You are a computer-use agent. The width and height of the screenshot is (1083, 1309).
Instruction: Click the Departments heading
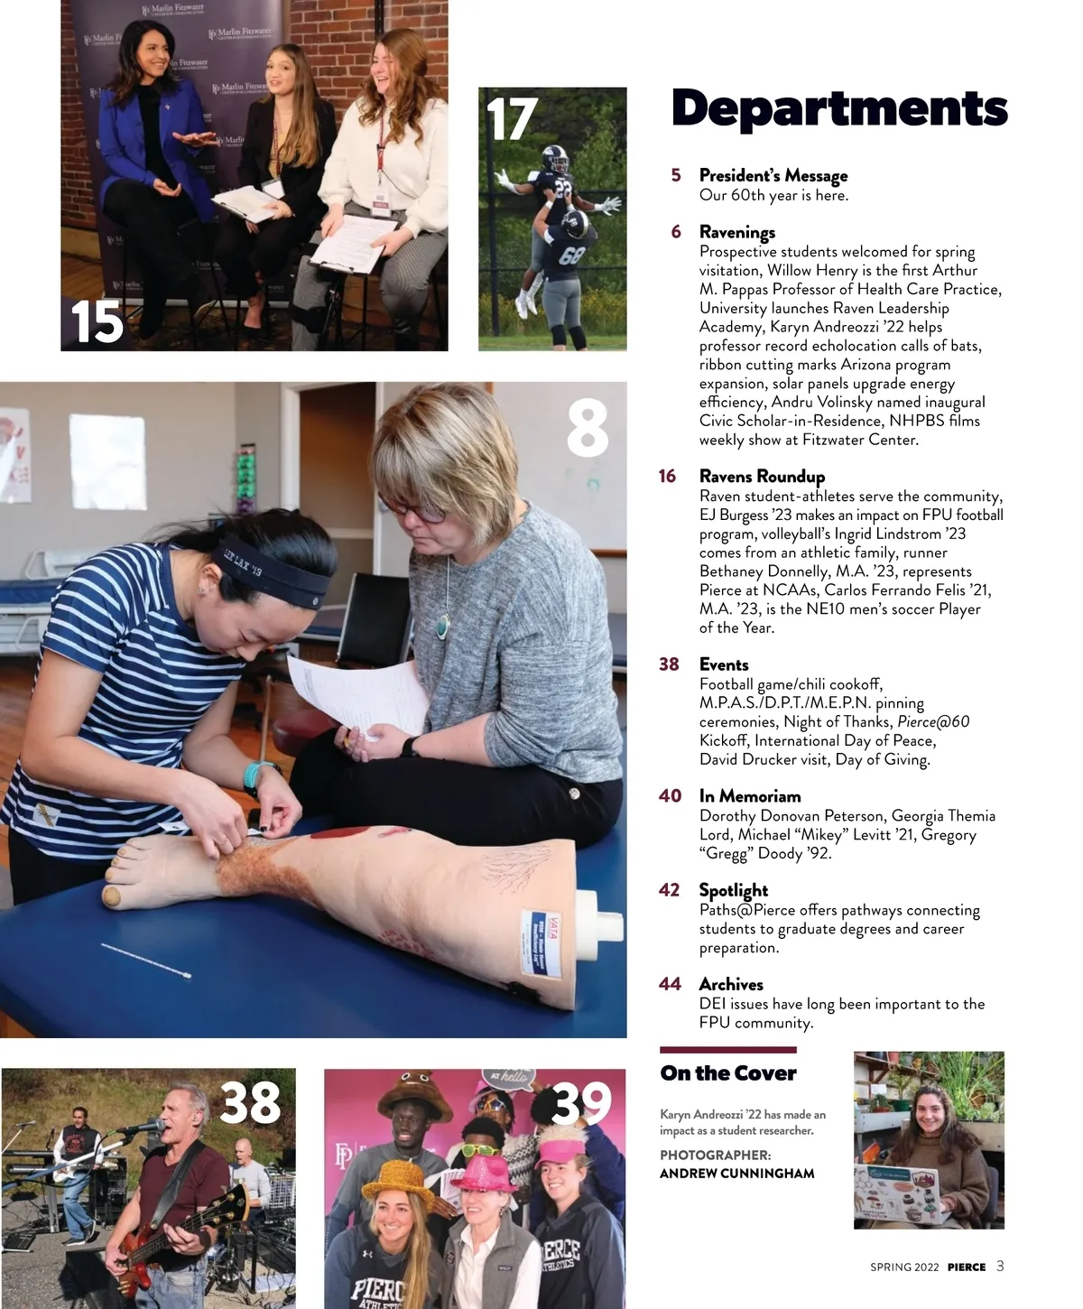(x=838, y=109)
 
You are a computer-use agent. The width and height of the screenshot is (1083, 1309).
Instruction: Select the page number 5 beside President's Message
(x=676, y=175)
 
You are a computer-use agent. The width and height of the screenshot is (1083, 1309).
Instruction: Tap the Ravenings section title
(x=737, y=233)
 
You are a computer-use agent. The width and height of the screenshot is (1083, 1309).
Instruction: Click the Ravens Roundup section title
(x=762, y=477)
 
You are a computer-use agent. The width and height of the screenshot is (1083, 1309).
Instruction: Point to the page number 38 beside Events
(x=669, y=664)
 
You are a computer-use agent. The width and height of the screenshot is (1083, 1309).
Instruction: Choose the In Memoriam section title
(x=750, y=796)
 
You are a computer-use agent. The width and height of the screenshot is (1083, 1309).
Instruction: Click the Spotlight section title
(x=733, y=891)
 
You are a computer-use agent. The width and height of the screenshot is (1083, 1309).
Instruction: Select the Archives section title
(x=731, y=984)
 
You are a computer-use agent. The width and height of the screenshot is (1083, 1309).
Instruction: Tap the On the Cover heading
(x=728, y=1073)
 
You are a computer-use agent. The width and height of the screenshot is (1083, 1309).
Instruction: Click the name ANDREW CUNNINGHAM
(x=737, y=1174)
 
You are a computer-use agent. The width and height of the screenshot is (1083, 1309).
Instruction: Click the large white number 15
(x=97, y=321)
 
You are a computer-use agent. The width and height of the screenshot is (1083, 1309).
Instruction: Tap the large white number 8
(x=588, y=429)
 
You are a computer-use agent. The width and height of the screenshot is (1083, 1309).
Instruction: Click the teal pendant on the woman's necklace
(x=443, y=626)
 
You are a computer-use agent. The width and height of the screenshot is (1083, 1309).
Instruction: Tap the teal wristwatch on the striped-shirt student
(x=258, y=775)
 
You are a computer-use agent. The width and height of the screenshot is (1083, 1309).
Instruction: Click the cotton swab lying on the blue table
(x=146, y=961)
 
